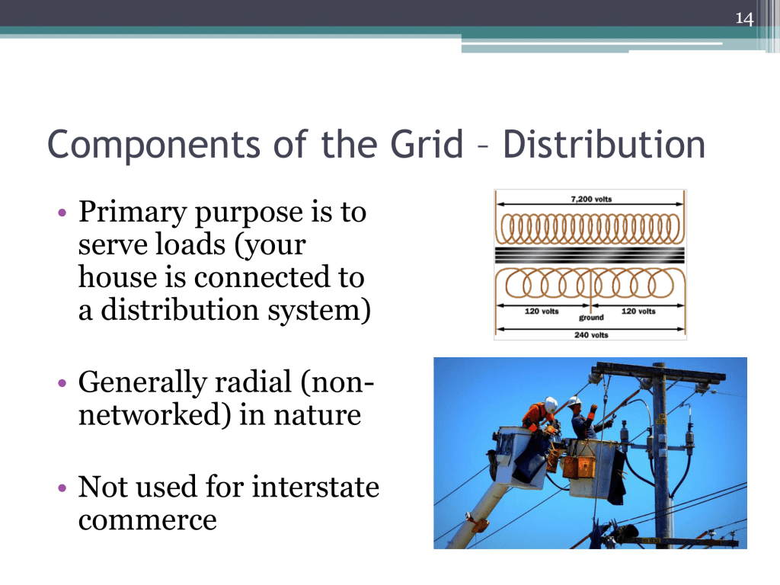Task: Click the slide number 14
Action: pyautogui.click(x=744, y=19)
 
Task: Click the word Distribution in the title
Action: pyautogui.click(x=604, y=145)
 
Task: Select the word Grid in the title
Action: pyautogui.click(x=427, y=145)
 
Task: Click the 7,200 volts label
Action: pyautogui.click(x=591, y=199)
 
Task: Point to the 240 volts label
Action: pyautogui.click(x=591, y=335)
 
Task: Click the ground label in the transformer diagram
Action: pyautogui.click(x=591, y=318)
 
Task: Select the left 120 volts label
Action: pyautogui.click(x=542, y=311)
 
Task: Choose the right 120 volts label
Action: pyautogui.click(x=638, y=311)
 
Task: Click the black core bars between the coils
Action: pyautogui.click(x=590, y=255)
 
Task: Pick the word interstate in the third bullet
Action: pyautogui.click(x=315, y=487)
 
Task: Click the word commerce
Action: pyautogui.click(x=147, y=521)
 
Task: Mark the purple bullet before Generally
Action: pyautogui.click(x=62, y=384)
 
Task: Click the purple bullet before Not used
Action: pyautogui.click(x=62, y=488)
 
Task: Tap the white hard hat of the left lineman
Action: pyautogui.click(x=551, y=404)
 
